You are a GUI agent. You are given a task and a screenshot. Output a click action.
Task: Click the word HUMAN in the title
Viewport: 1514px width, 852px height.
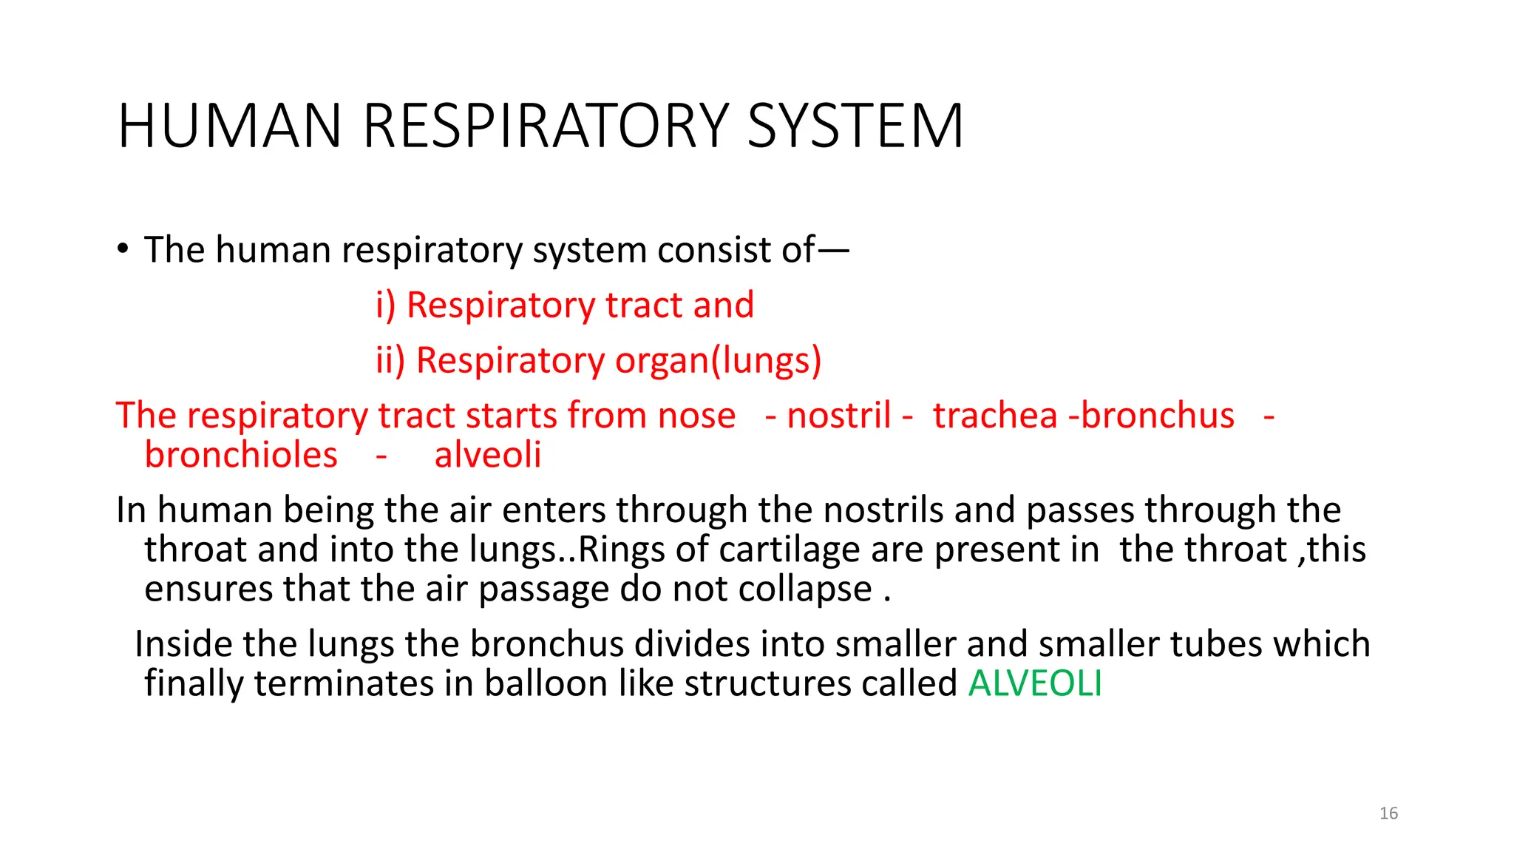(229, 126)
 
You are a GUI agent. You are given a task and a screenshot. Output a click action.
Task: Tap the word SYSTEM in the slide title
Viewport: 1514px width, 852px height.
(855, 126)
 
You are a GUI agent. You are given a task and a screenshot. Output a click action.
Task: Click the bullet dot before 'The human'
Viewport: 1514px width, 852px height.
(123, 248)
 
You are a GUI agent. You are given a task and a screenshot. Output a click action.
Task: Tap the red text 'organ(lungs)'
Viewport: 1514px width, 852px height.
(718, 361)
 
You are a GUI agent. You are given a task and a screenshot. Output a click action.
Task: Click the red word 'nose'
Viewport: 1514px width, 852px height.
(696, 416)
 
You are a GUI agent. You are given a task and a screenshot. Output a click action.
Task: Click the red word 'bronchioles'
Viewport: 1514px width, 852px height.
(241, 455)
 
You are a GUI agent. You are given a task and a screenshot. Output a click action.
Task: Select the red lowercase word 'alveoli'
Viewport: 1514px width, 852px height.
(488, 455)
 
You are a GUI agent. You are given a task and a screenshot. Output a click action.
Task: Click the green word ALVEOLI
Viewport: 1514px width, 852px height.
(1034, 683)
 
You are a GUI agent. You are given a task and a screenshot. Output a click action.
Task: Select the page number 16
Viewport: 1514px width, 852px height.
(1388, 814)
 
